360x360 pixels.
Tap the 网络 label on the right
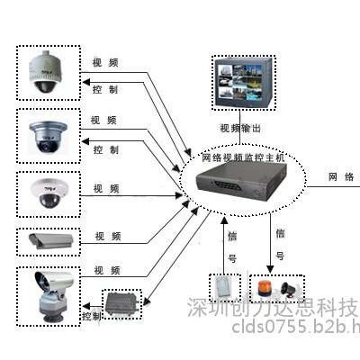click(341, 176)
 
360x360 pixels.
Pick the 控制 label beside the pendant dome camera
click(106, 91)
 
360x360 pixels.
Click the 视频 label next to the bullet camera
click(106, 238)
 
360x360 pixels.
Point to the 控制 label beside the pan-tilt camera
click(92, 317)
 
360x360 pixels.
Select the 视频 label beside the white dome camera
click(106, 189)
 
